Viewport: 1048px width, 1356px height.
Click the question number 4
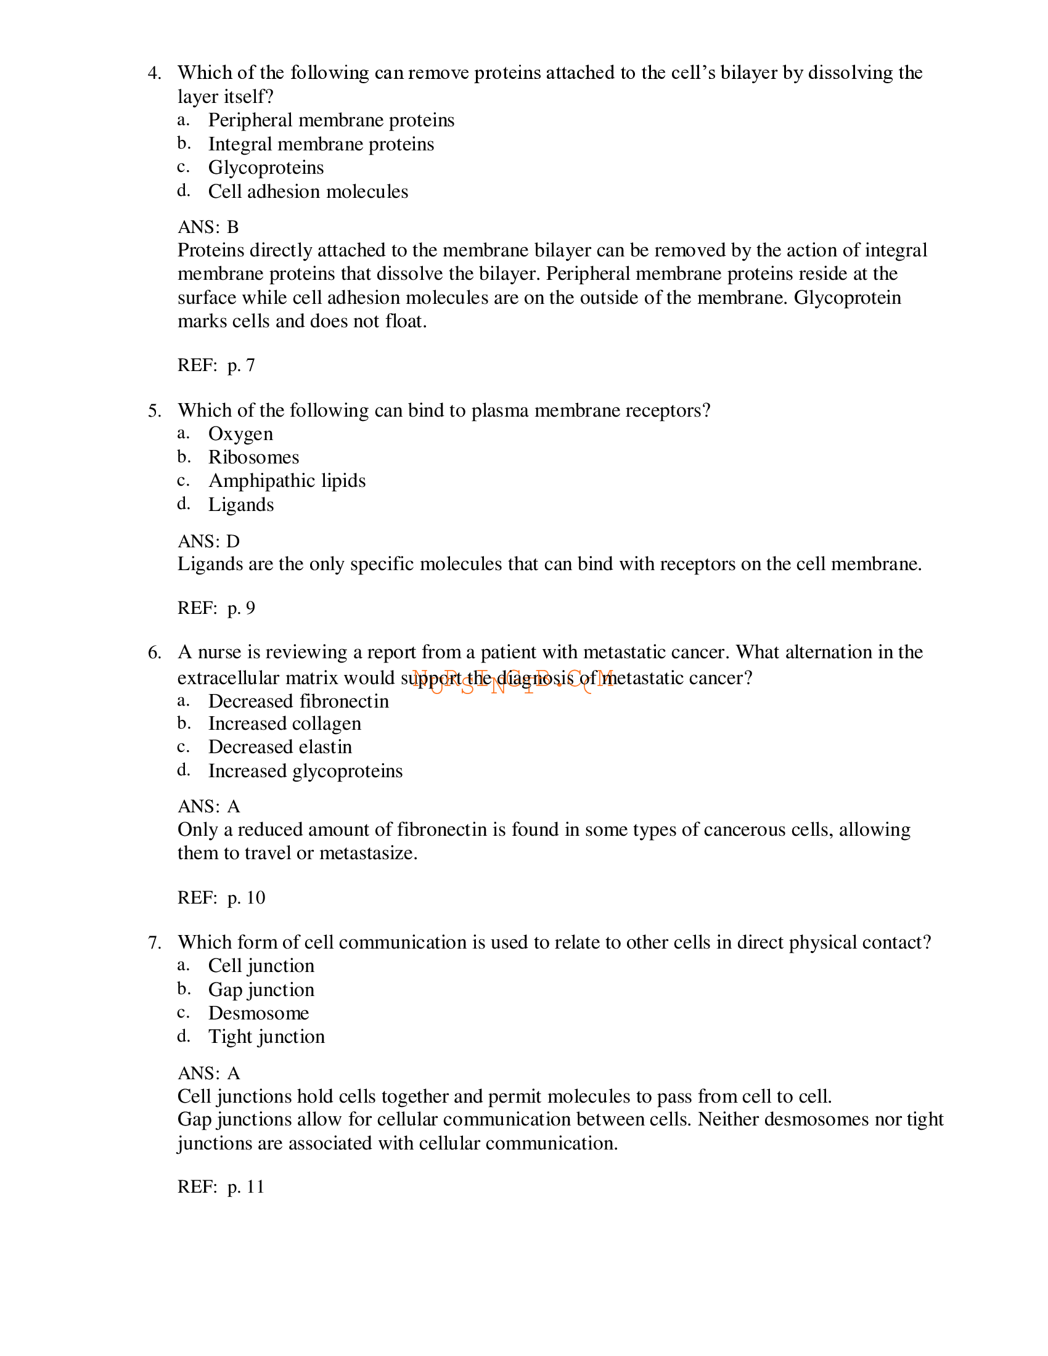click(x=154, y=73)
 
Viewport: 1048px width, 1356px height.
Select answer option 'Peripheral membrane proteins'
click(x=331, y=120)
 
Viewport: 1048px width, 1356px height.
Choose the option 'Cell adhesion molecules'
click(x=308, y=191)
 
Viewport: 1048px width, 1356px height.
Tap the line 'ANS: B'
click(x=208, y=227)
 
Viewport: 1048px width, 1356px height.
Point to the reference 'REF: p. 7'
click(x=216, y=365)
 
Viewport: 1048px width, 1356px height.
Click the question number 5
click(x=154, y=410)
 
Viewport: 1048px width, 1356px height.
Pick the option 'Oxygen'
click(x=240, y=433)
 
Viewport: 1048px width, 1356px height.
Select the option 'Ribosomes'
click(x=253, y=457)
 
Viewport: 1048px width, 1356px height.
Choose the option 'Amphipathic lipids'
click(x=287, y=481)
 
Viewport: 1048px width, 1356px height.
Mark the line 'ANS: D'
click(x=208, y=541)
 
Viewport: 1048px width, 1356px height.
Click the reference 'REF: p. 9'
click(x=216, y=608)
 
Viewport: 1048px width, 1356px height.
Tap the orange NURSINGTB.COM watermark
click(x=513, y=680)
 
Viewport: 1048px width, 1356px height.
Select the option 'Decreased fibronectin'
click(x=298, y=701)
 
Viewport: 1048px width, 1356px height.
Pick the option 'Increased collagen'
click(x=284, y=724)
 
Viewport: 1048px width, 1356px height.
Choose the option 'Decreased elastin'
click(x=280, y=747)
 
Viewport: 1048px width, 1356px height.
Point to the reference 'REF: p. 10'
click(x=221, y=898)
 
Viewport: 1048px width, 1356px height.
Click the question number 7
click(x=154, y=942)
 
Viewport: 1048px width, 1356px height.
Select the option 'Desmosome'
click(x=258, y=1013)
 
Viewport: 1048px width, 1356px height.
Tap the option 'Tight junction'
click(x=266, y=1037)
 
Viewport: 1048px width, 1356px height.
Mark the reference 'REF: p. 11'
click(x=221, y=1187)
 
